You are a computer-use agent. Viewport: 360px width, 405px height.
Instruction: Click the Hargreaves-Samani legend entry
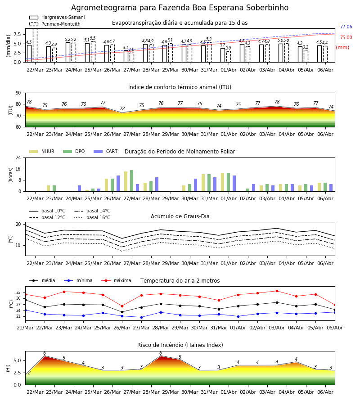(x=57, y=17)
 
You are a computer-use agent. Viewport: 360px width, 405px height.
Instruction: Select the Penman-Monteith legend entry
(x=55, y=24)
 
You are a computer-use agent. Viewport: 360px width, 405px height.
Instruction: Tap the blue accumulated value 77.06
(x=346, y=27)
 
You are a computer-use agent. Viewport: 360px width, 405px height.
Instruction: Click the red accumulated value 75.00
(x=346, y=37)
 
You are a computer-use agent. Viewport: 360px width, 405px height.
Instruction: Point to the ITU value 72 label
(x=122, y=108)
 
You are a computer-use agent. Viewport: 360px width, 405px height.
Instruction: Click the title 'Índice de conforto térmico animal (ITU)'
(x=180, y=87)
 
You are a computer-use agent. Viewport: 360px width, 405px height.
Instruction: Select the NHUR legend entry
(x=42, y=151)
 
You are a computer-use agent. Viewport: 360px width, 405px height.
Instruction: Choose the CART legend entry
(x=106, y=151)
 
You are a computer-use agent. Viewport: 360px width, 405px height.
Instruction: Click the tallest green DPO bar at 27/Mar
(x=132, y=181)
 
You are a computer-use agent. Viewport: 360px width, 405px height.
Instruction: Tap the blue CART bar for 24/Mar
(x=80, y=189)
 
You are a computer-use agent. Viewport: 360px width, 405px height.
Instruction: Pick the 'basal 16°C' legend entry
(x=92, y=217)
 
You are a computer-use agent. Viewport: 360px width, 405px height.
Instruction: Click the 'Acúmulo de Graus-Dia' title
(x=180, y=216)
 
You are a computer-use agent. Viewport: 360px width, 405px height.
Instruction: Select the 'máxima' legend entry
(x=116, y=280)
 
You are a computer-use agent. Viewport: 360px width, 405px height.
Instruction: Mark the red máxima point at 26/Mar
(x=122, y=306)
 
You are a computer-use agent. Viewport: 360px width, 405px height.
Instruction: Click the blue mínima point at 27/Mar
(x=141, y=317)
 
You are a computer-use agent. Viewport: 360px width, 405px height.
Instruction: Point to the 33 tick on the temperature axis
(x=18, y=292)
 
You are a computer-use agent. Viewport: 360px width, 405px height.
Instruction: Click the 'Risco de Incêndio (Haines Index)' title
(x=180, y=345)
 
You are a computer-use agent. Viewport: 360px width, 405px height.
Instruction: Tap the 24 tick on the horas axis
(x=18, y=157)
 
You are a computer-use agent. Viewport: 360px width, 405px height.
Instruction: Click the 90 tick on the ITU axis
(x=18, y=93)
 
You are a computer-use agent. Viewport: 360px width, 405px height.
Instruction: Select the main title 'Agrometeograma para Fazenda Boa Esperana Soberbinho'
(x=180, y=8)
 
